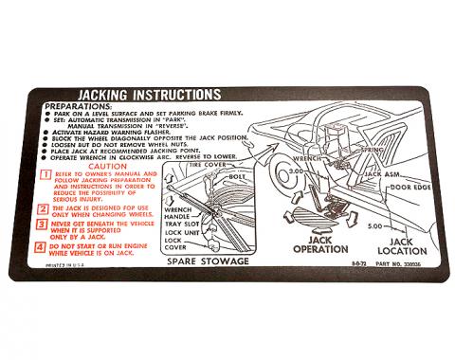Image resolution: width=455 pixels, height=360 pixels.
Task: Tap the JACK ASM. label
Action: tap(384, 173)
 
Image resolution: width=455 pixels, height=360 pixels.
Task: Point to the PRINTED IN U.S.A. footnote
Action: tap(63, 266)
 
